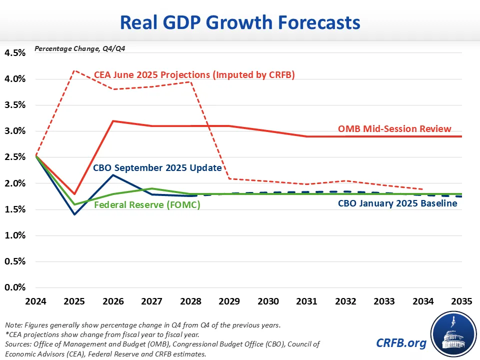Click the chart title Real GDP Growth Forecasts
pos(240,23)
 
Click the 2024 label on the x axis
pos(36,301)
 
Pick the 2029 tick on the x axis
pos(229,301)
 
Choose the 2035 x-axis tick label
pos(460,301)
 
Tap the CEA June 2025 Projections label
pos(194,75)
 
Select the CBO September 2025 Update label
pos(157,168)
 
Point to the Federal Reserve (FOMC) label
pos(147,205)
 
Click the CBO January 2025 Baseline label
pos(397,203)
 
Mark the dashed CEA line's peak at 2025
pos(75,70)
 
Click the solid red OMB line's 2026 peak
pos(113,121)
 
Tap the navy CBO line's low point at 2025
pos(75,214)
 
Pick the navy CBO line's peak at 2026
pos(113,174)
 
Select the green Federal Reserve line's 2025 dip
pos(75,204)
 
